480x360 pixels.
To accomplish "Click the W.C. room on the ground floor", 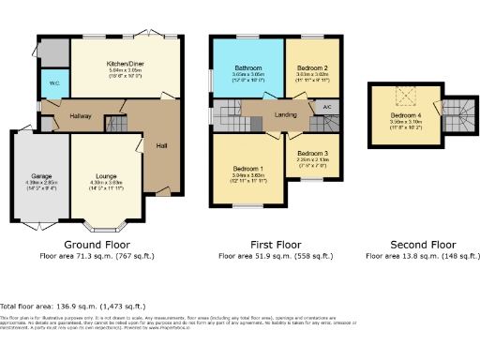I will click(x=55, y=82).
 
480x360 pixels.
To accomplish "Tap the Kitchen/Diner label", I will click(x=125, y=64).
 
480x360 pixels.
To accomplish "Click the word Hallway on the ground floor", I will click(x=81, y=115).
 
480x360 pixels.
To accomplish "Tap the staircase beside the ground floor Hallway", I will click(x=116, y=123).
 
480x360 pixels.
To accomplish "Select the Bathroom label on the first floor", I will click(x=247, y=67).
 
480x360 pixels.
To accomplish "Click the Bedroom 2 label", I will click(x=311, y=67).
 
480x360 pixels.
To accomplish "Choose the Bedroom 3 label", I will click(x=310, y=153).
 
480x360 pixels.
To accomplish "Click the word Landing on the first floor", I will click(x=286, y=114).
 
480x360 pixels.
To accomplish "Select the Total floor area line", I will click(x=73, y=306).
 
